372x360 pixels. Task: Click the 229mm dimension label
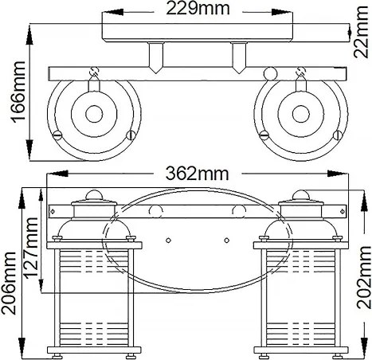pyautogui.click(x=198, y=9)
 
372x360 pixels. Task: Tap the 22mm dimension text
pyautogui.click(x=362, y=32)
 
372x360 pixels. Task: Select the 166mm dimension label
pyautogui.click(x=18, y=92)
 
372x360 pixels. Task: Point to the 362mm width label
pyautogui.click(x=197, y=174)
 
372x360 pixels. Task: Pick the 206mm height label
pyautogui.click(x=9, y=283)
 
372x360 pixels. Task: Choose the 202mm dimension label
pyautogui.click(x=363, y=277)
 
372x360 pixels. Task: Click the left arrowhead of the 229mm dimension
pyautogui.click(x=112, y=12)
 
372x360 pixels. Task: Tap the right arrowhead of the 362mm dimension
pyautogui.click(x=338, y=174)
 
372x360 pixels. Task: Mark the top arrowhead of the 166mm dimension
pyautogui.click(x=29, y=35)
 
